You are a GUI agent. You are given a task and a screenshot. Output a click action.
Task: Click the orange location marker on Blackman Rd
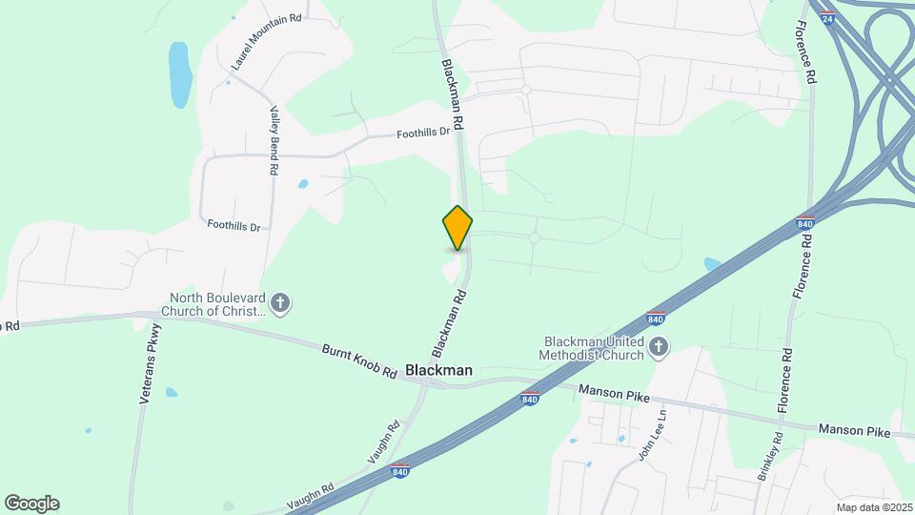tap(457, 228)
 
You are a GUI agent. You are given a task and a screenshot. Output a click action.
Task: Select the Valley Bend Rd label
tap(273, 139)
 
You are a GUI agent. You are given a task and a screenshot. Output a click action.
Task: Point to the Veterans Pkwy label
tap(152, 363)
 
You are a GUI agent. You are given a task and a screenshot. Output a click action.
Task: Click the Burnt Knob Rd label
tap(358, 361)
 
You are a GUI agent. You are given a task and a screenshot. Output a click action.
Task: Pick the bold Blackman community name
tap(439, 369)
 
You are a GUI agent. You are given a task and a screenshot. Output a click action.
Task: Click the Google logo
tap(31, 504)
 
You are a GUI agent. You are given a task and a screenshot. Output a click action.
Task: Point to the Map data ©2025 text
tap(873, 507)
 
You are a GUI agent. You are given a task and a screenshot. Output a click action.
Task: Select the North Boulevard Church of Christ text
tap(214, 303)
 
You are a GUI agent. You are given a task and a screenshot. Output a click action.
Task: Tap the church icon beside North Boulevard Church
tap(280, 303)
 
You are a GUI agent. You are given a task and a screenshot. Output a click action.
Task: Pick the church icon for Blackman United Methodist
tap(659, 348)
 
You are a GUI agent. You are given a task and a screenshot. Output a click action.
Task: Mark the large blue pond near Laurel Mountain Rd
tap(179, 74)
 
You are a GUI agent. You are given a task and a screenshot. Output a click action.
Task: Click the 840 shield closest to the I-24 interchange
tap(805, 223)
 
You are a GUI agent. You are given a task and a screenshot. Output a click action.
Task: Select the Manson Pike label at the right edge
tap(854, 432)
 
